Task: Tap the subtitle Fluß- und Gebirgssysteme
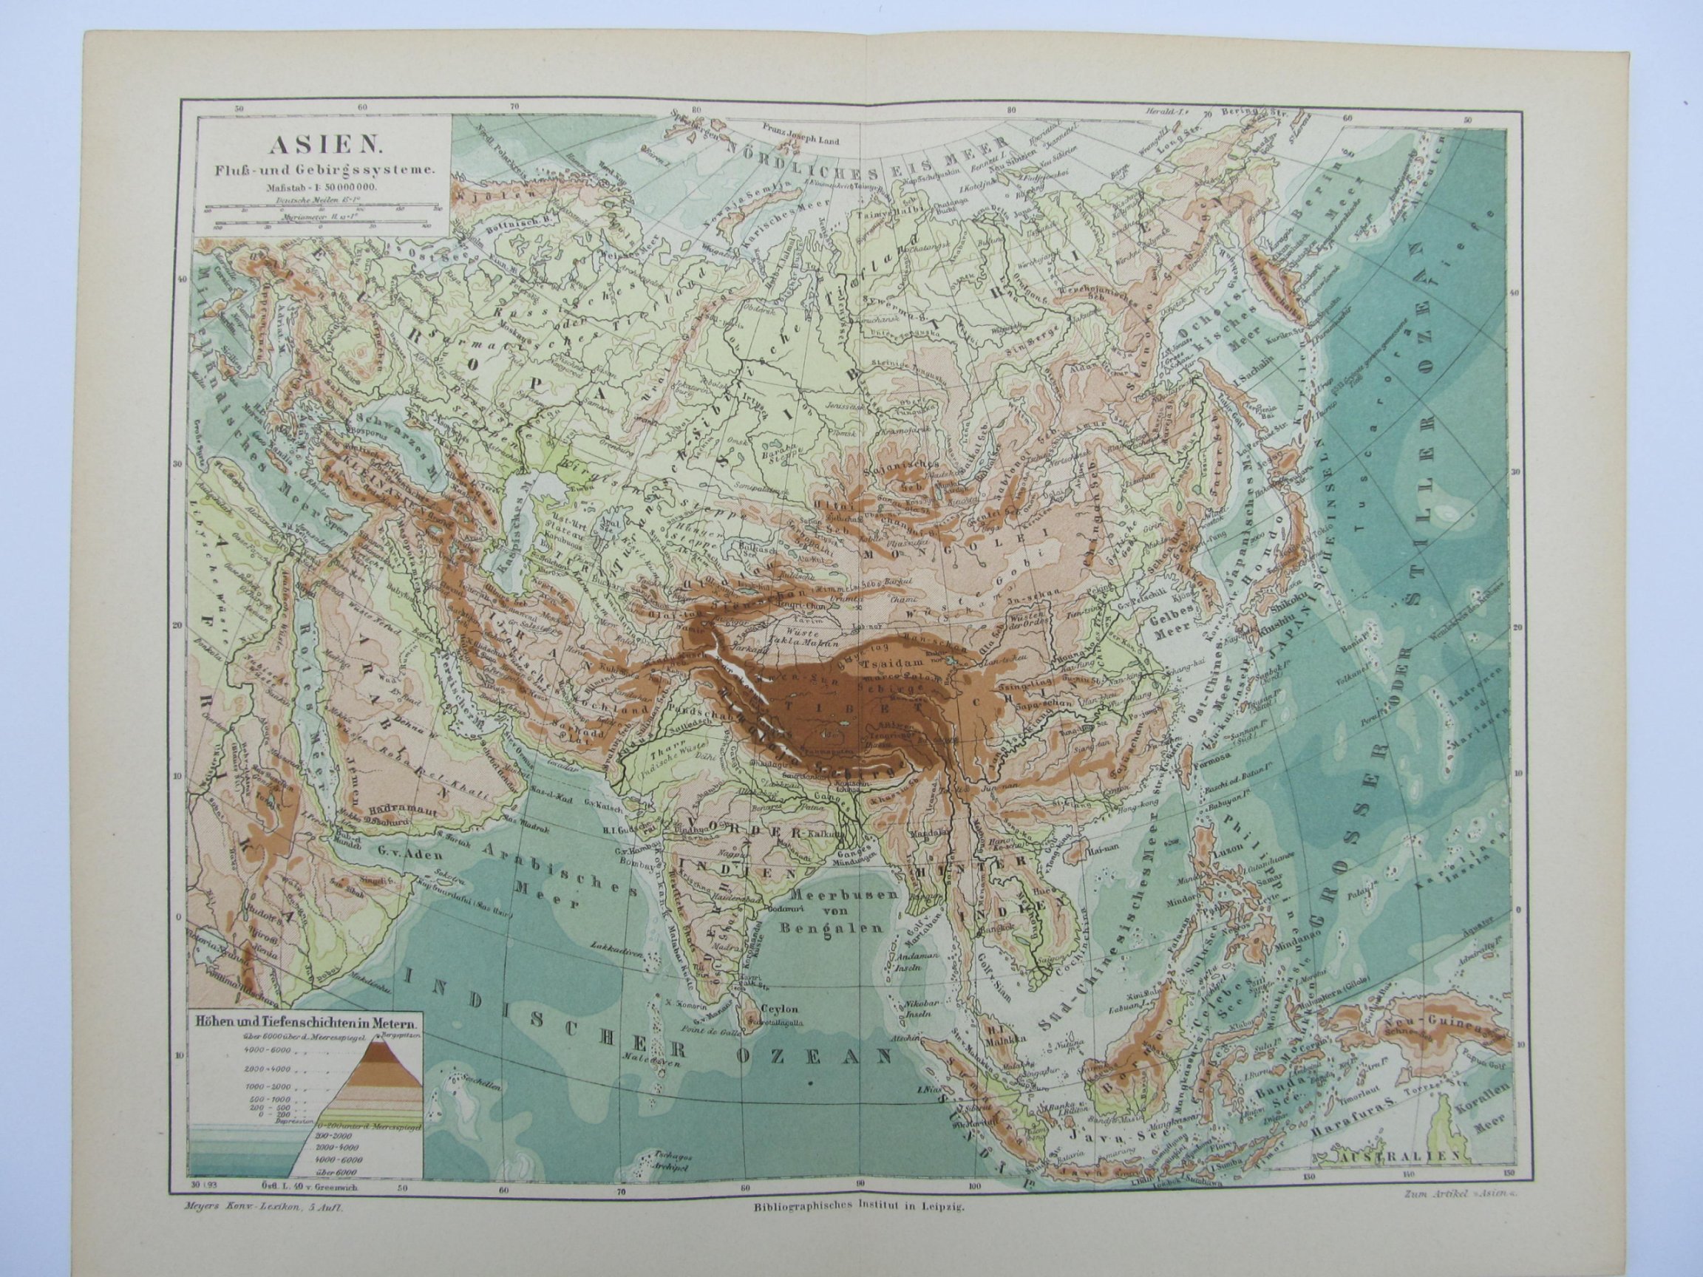click(x=320, y=171)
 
